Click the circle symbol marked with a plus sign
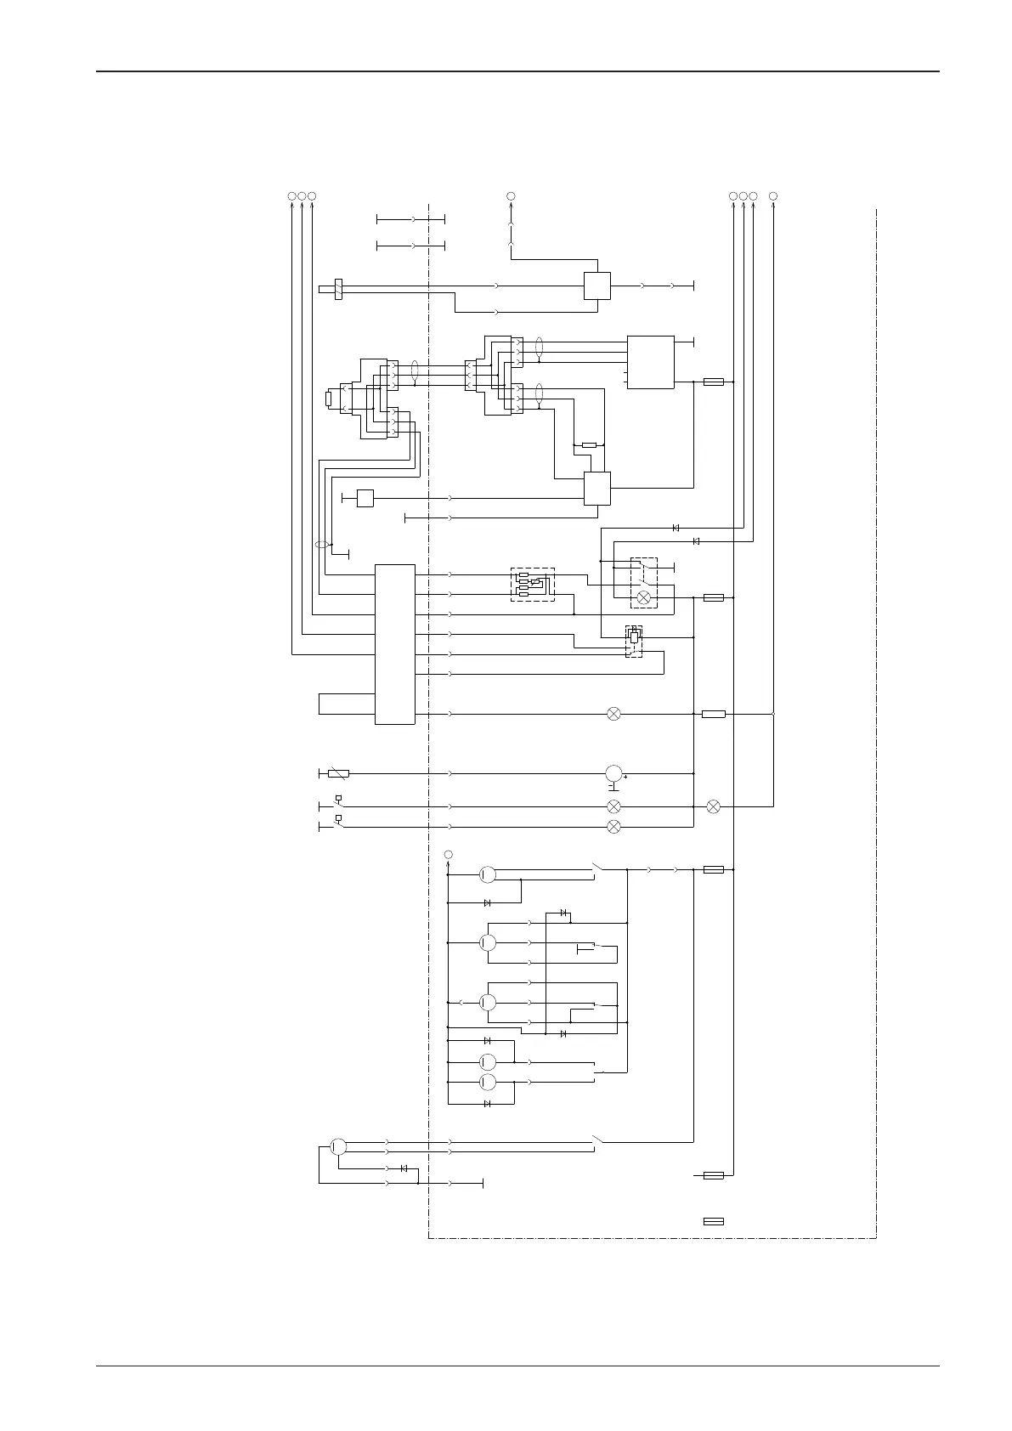point(613,774)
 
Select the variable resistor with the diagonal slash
point(338,774)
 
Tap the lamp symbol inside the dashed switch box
point(643,598)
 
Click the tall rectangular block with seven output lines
point(395,644)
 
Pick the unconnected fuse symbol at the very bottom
point(714,1221)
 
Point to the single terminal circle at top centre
point(511,196)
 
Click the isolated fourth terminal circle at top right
point(773,196)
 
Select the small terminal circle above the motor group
point(449,854)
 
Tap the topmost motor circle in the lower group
point(488,874)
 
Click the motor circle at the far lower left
point(337,1146)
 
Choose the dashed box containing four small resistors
point(532,584)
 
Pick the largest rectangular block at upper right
point(650,362)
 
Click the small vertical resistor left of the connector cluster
point(329,399)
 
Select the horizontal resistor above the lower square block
point(589,444)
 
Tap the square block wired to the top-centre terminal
point(597,286)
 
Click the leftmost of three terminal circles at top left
point(291,196)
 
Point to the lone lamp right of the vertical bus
point(714,806)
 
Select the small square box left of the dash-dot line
point(365,498)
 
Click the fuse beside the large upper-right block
point(714,382)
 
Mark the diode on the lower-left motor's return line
point(404,1168)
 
